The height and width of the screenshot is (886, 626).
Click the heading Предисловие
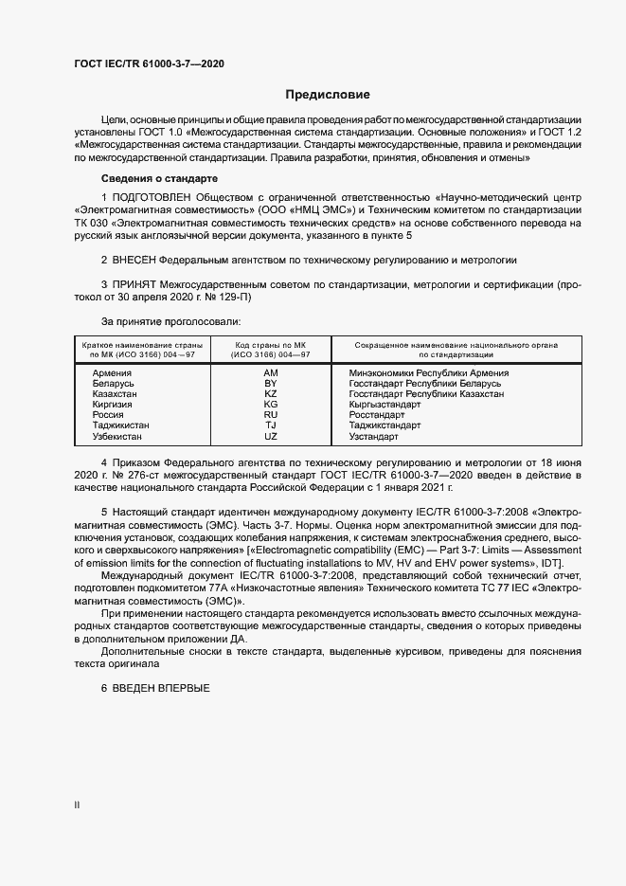tap(328, 95)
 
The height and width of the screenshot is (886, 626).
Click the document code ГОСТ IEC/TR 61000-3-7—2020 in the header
tap(149, 63)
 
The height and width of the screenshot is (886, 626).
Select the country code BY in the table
tap(271, 384)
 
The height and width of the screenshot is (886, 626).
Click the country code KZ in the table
tap(271, 393)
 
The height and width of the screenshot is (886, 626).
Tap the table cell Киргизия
tap(113, 405)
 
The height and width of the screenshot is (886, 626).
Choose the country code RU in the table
tap(271, 415)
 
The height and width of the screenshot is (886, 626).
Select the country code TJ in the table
tap(271, 425)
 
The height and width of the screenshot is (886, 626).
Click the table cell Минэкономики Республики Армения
tap(428, 373)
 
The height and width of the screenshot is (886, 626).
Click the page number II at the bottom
tap(78, 805)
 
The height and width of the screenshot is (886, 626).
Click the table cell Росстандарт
tap(376, 415)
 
